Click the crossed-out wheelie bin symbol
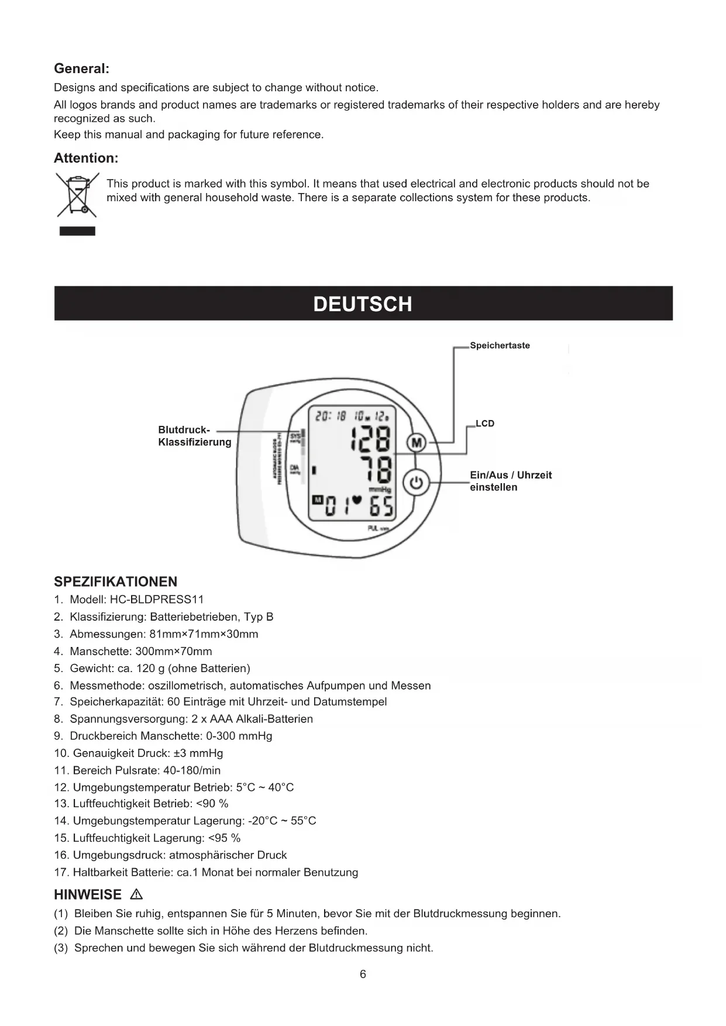[77, 195]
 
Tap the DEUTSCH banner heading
[363, 304]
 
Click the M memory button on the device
[417, 443]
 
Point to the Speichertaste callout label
[500, 346]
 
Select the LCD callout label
[485, 424]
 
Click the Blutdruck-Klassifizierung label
[194, 436]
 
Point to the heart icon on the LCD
[357, 501]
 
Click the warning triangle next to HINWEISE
[137, 894]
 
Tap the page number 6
[363, 974]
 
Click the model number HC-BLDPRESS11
[157, 600]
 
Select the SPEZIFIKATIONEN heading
[115, 582]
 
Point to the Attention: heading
[86, 158]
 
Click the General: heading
[81, 68]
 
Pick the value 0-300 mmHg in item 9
[239, 736]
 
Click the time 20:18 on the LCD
[331, 416]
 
